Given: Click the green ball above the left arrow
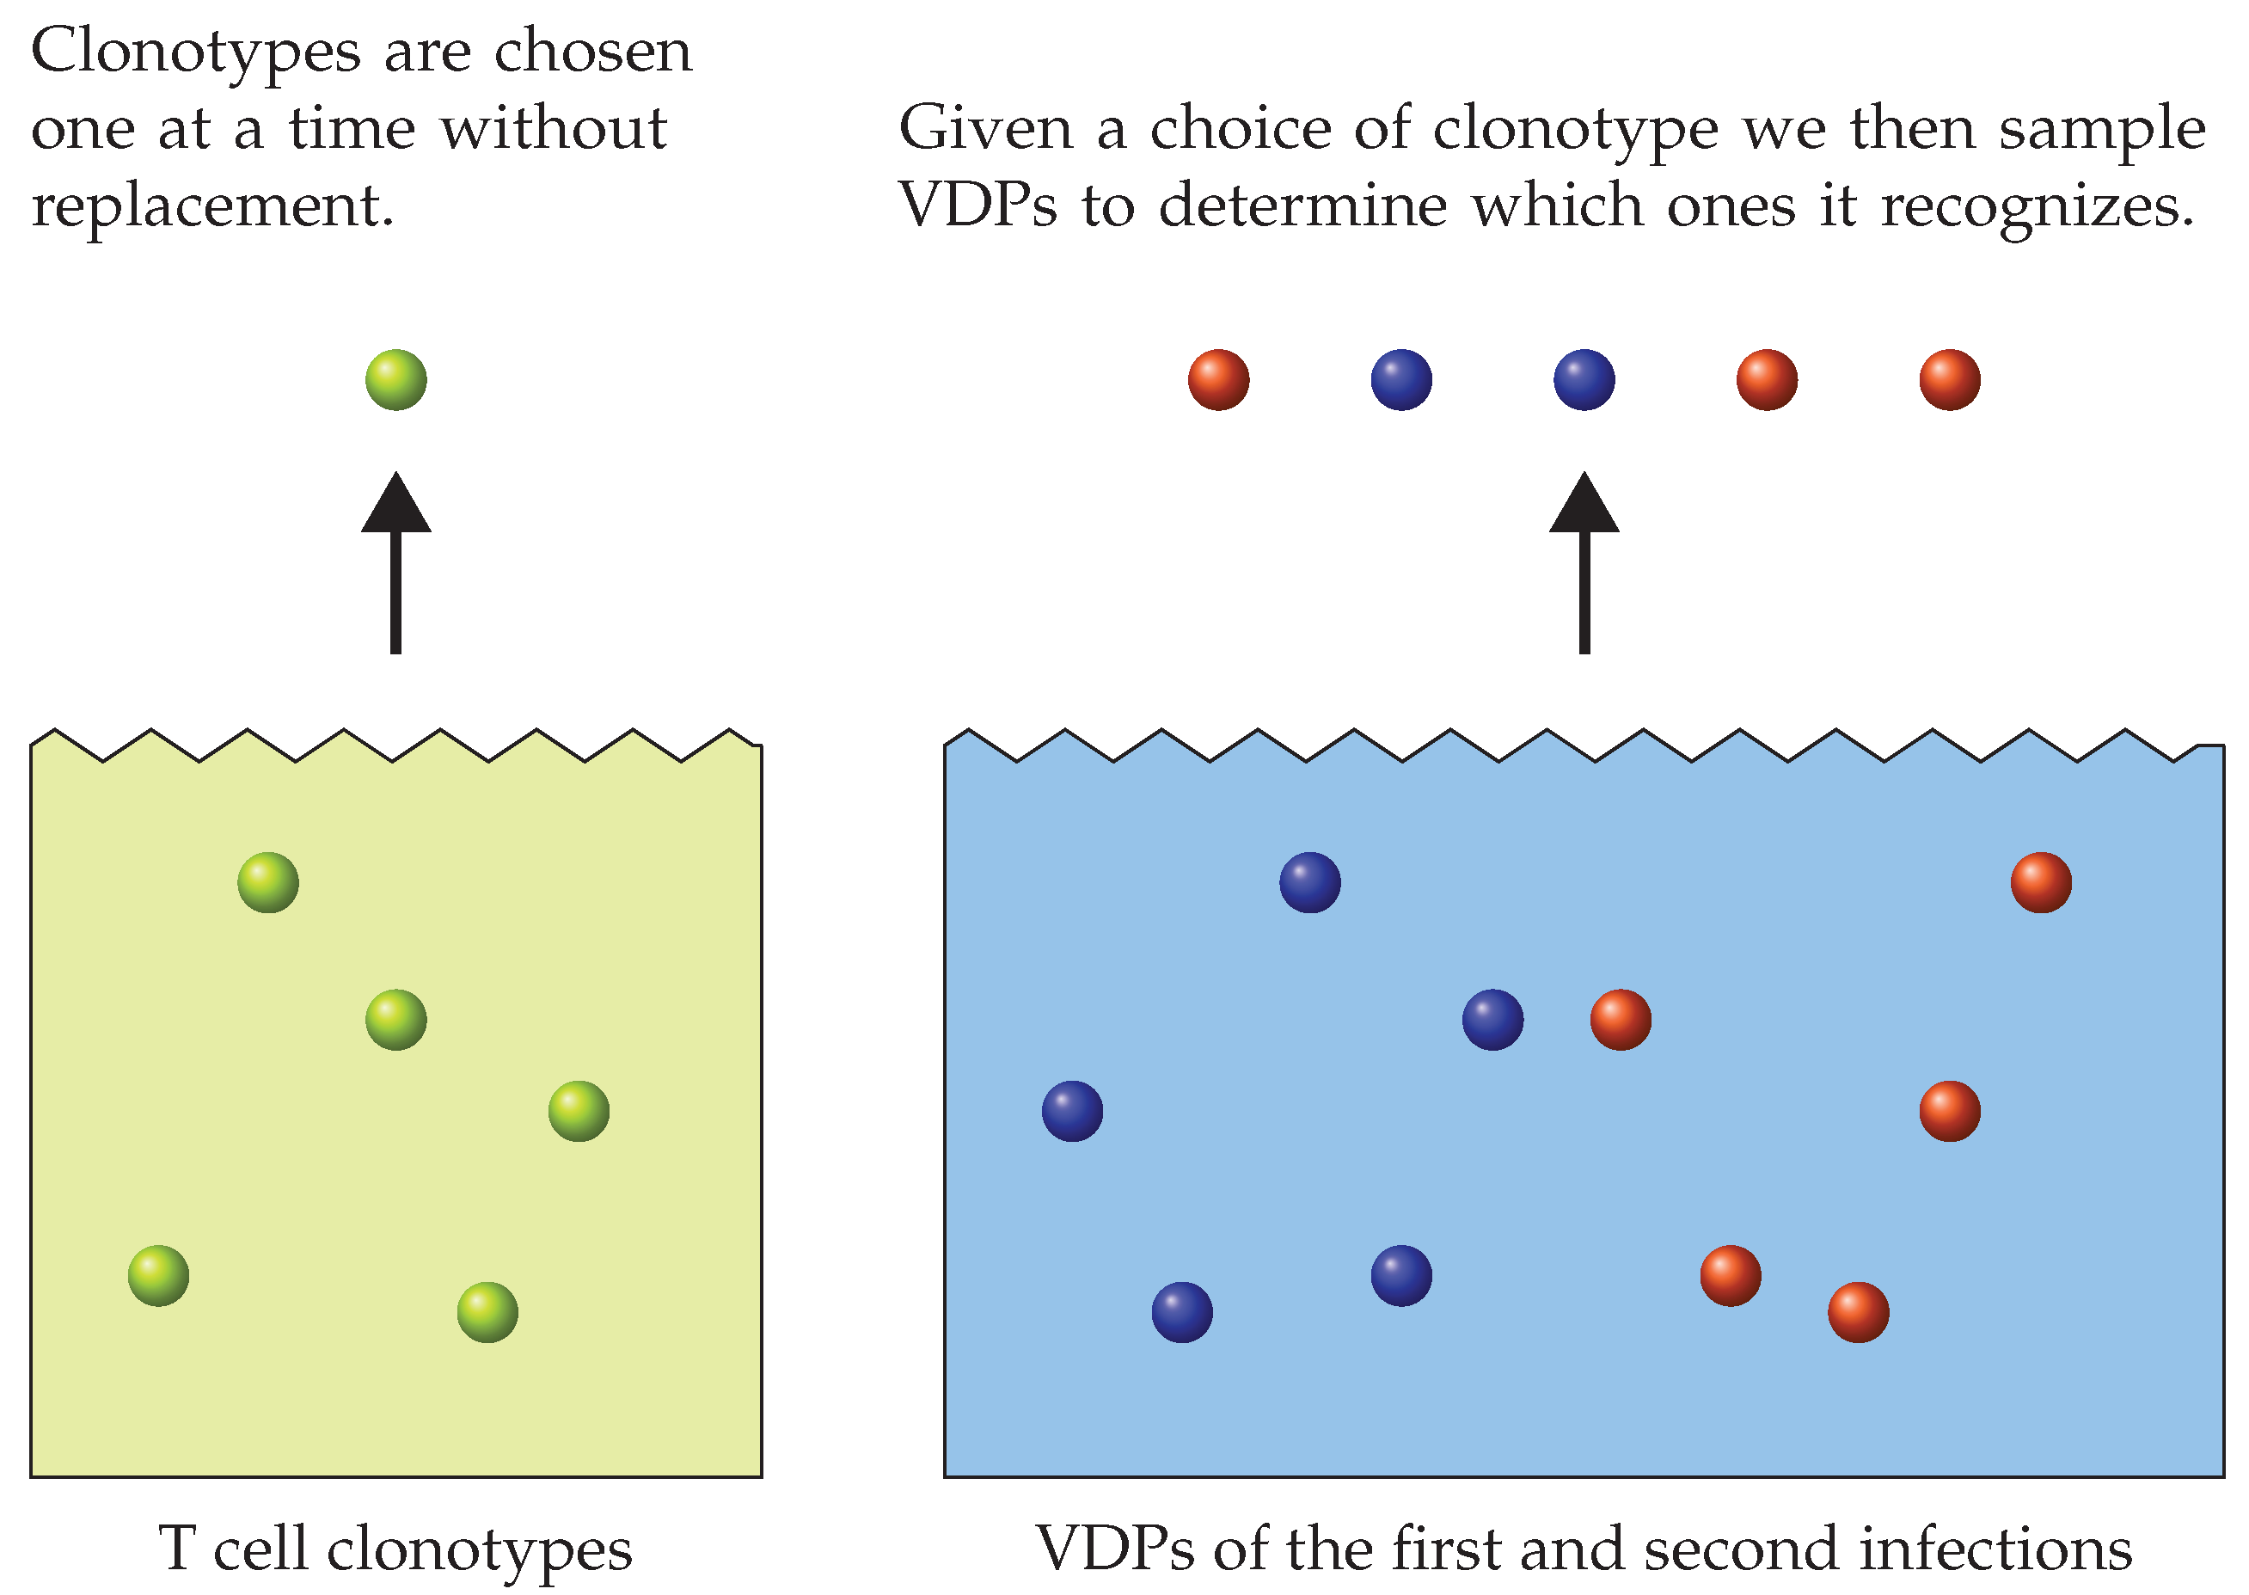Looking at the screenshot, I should [395, 380].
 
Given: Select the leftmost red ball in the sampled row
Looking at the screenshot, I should [1218, 380].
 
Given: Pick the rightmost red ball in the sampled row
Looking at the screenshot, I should [1950, 380].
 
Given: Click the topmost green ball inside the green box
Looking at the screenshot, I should [268, 882].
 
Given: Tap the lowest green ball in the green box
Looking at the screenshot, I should [487, 1312].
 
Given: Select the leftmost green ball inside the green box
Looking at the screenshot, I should [158, 1276].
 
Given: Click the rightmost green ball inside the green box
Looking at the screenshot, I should [579, 1111].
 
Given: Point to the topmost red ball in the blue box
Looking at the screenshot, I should [2041, 882].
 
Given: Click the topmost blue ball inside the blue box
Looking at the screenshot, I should [1309, 882].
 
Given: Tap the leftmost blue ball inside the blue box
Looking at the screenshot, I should [1071, 1111].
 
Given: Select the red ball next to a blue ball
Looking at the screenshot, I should [1621, 1020].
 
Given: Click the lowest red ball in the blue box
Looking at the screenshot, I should [1858, 1312].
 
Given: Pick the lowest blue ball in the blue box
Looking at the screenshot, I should [1181, 1312].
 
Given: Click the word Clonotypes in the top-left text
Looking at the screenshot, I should [195, 53].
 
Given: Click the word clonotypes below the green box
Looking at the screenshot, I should [479, 1552].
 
